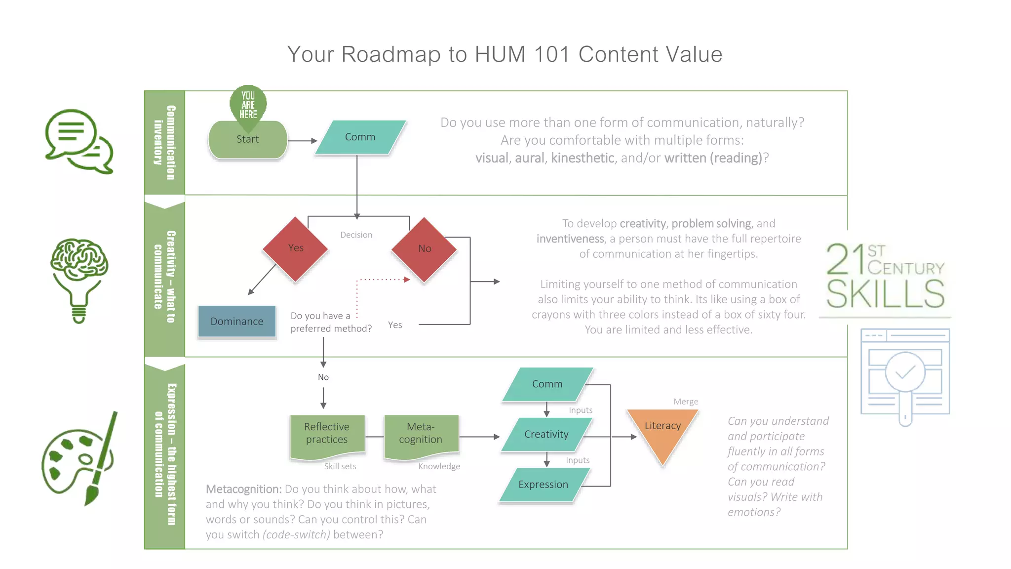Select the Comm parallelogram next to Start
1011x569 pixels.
click(360, 137)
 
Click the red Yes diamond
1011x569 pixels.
click(296, 248)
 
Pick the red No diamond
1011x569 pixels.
click(425, 249)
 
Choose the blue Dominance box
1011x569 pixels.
click(237, 322)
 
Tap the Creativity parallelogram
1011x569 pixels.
click(546, 434)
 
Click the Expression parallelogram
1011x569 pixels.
click(544, 485)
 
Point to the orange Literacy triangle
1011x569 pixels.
click(662, 430)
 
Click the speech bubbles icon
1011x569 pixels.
click(79, 141)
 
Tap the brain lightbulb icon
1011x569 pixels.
click(79, 279)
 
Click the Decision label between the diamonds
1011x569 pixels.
click(356, 235)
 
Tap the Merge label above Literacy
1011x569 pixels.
click(686, 402)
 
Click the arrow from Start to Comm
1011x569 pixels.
click(302, 141)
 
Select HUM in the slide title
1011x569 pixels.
click(500, 54)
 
